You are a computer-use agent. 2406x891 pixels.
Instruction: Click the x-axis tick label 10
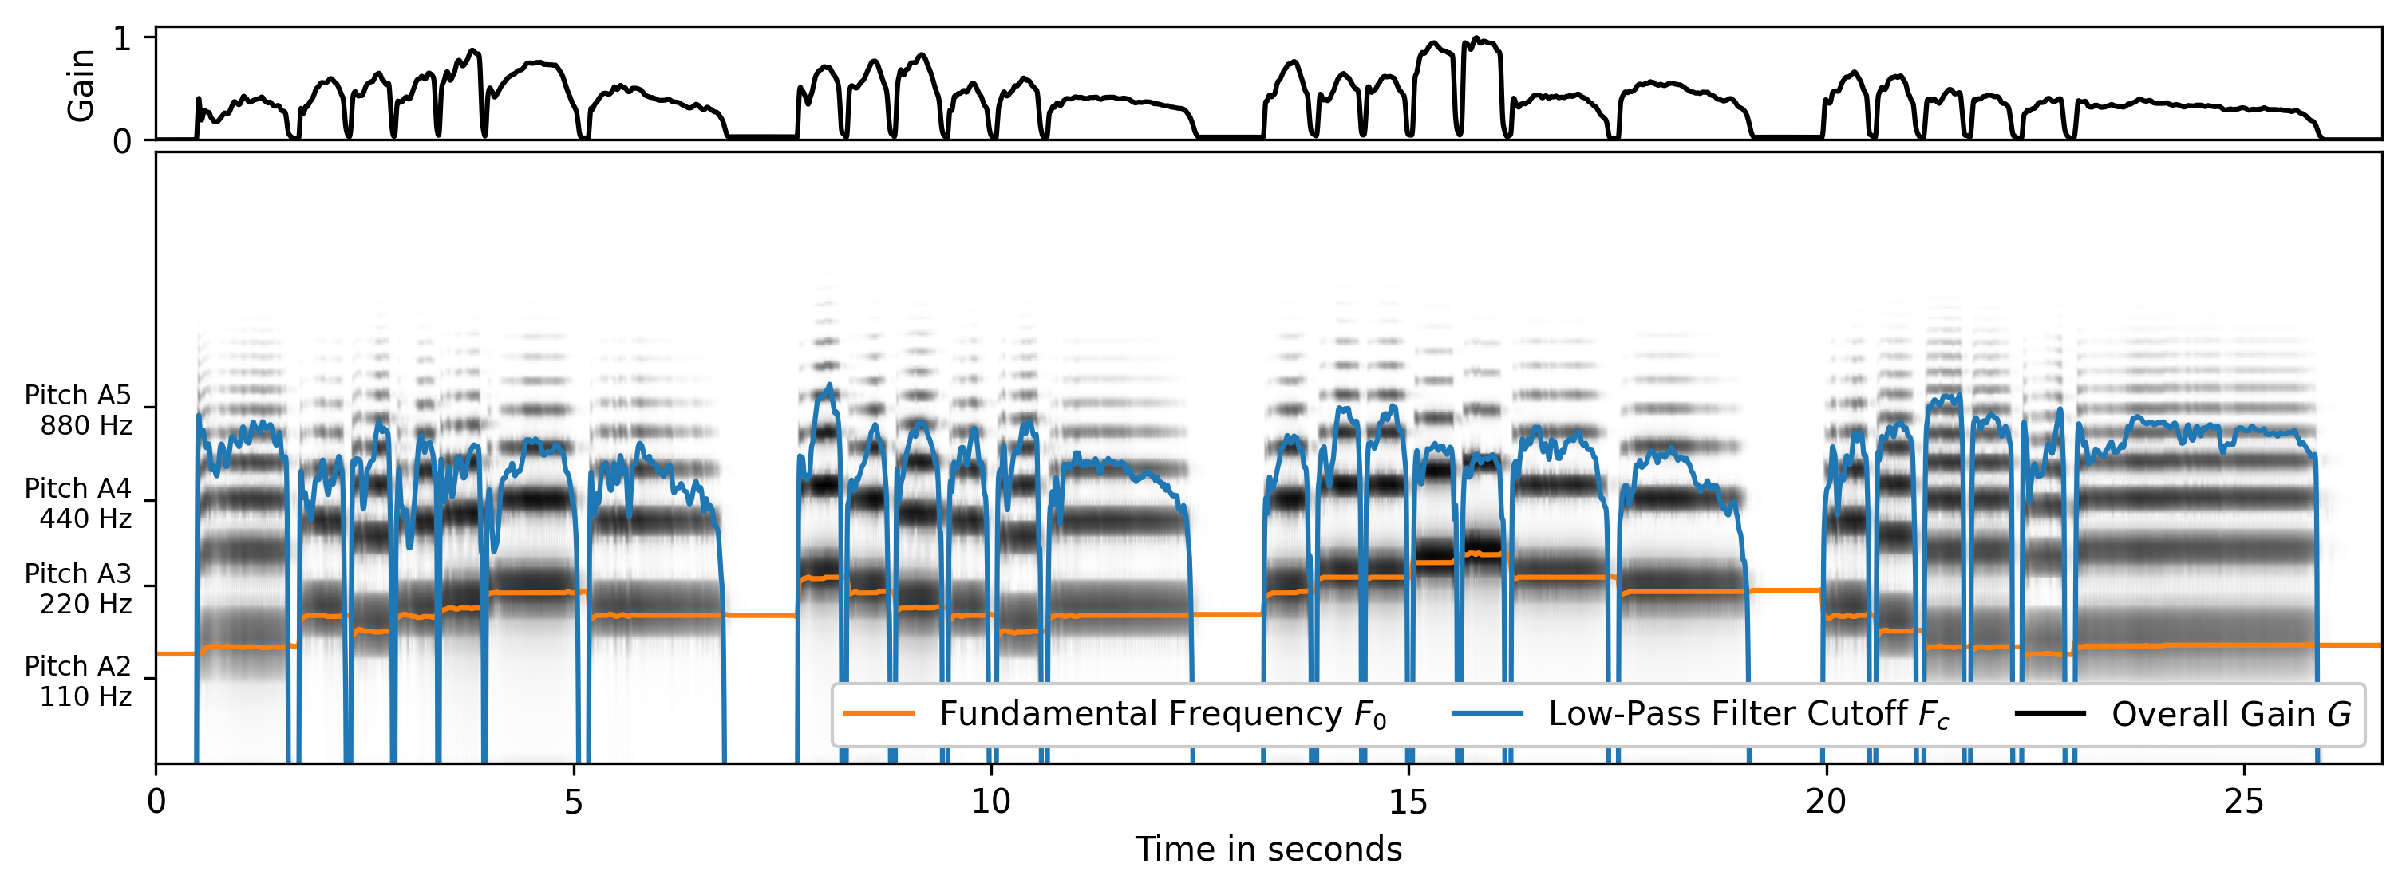[990, 802]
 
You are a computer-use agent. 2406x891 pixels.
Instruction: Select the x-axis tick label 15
[1408, 802]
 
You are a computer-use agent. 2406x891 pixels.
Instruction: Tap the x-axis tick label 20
[1825, 802]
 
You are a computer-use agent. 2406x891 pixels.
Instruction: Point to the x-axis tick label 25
[2242, 802]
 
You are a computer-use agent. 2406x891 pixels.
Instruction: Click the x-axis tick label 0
[156, 802]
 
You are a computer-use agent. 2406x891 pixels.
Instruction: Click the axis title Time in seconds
[1267, 849]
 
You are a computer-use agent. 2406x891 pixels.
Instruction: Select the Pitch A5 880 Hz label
[77, 410]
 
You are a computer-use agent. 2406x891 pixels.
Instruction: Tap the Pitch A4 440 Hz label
[77, 503]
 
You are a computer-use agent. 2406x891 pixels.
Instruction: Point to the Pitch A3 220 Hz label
[77, 589]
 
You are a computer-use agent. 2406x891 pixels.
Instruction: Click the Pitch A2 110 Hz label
[77, 681]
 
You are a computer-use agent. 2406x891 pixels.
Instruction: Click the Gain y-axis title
[81, 85]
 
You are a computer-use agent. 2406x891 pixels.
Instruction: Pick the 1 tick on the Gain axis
[121, 39]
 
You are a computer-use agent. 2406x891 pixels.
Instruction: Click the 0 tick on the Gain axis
[121, 143]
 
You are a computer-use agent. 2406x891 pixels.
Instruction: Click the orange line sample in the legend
[878, 714]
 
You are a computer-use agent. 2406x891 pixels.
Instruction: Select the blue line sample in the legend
[1487, 714]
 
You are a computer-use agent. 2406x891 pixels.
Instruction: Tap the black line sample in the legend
[2050, 714]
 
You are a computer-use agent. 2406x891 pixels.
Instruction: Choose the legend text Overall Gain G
[2230, 714]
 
